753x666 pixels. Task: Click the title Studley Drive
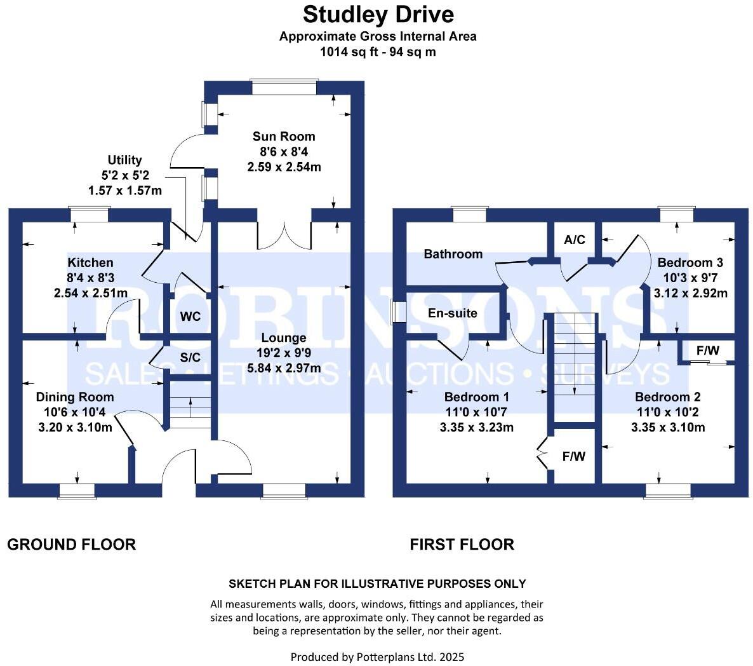378,13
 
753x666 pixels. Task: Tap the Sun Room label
284,136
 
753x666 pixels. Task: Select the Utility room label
124,160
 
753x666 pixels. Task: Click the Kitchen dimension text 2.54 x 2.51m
91,293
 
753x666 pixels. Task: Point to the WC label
190,316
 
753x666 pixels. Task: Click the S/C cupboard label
190,358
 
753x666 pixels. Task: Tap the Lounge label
284,338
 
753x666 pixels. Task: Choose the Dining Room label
75,397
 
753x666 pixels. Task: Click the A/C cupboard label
575,240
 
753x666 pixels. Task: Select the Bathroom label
453,254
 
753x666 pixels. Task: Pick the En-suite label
452,313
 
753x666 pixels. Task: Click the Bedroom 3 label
690,262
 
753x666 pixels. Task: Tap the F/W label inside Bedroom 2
708,351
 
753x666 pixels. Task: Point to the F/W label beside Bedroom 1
574,456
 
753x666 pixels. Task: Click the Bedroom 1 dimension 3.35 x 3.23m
476,428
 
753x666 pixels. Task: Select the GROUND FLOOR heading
71,545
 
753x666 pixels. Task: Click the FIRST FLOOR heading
462,545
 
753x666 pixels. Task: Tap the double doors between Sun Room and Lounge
284,235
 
